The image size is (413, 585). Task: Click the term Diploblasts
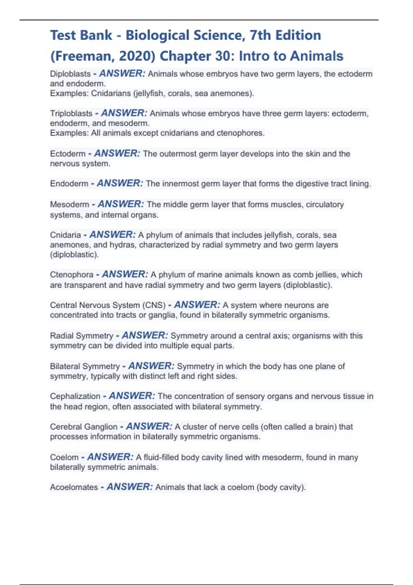coord(70,74)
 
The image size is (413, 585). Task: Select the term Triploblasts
coord(71,114)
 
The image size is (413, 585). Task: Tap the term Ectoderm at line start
coord(68,154)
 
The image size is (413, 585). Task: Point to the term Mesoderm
coord(70,204)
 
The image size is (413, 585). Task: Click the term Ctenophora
coord(72,275)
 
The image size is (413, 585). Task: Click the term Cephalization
coord(75,396)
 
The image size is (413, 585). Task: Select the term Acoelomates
coord(74,487)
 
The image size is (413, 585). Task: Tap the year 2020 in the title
coord(140,56)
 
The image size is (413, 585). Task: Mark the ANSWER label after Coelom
coord(110,457)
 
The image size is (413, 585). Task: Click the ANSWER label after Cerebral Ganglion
coord(149,427)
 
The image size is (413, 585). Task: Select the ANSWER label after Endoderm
coord(120,183)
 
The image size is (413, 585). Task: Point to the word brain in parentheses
coord(325,427)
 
